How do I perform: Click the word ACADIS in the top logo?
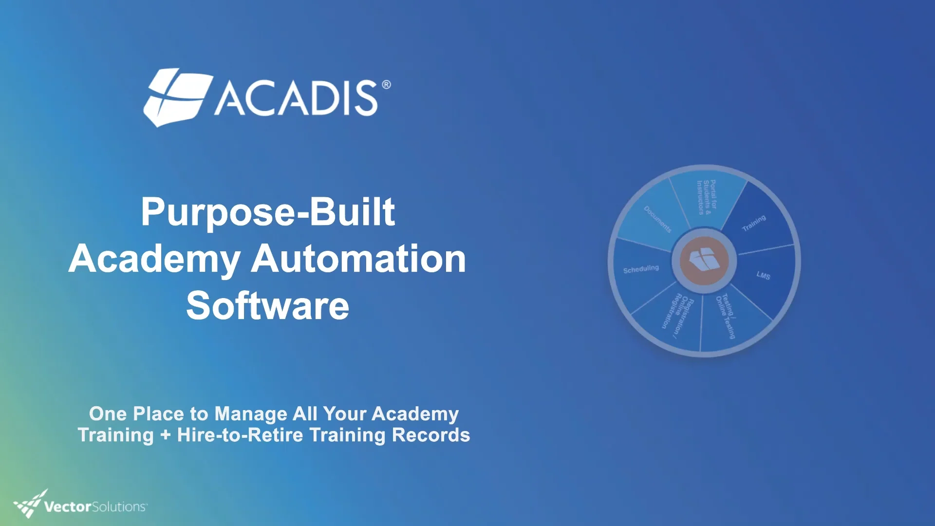(x=296, y=98)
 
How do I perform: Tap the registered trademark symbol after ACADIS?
(x=386, y=85)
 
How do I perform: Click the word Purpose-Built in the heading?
(x=267, y=212)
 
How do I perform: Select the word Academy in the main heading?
(x=154, y=259)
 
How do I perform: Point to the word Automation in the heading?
(x=358, y=259)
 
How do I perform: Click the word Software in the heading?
(x=267, y=306)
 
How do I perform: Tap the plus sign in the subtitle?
(x=166, y=435)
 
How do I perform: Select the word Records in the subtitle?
(x=430, y=435)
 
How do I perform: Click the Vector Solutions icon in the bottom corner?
(x=29, y=504)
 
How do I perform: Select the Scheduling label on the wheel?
(x=641, y=269)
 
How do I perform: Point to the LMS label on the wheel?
(x=763, y=275)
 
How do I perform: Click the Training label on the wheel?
(x=754, y=223)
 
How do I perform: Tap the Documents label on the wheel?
(x=657, y=219)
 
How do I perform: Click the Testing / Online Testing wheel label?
(x=726, y=316)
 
